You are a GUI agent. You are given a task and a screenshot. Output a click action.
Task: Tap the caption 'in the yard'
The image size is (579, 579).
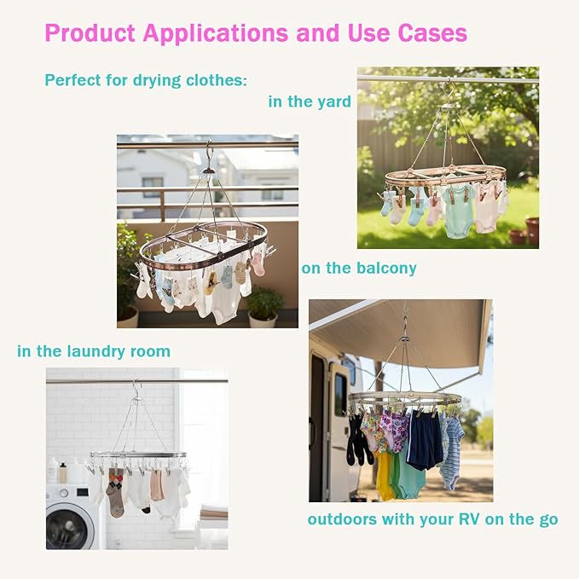coord(310,101)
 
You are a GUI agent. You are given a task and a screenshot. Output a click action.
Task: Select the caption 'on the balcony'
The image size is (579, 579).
coord(359,268)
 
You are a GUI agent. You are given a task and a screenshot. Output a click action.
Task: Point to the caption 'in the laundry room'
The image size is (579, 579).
coord(94,351)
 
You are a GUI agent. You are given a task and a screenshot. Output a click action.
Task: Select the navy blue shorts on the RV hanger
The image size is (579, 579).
coord(425,439)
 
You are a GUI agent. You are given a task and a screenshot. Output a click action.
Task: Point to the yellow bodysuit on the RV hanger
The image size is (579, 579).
coord(385,473)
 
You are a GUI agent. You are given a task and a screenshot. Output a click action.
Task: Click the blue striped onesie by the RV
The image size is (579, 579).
coord(453,452)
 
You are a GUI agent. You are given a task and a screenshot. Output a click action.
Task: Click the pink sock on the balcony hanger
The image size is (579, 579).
coord(258,263)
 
